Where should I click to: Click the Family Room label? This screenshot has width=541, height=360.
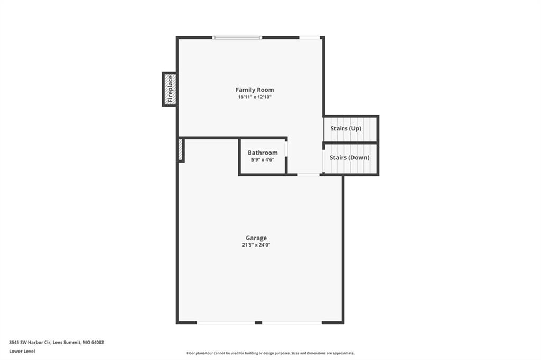pyautogui.click(x=255, y=90)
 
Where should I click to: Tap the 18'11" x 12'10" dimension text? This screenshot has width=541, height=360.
pyautogui.click(x=255, y=97)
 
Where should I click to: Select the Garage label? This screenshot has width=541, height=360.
pyautogui.click(x=256, y=238)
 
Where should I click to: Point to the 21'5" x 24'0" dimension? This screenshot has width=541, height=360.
pyautogui.click(x=256, y=245)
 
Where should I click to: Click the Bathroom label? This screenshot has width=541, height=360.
pyautogui.click(x=263, y=153)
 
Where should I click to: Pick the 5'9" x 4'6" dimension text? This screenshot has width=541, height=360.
pyautogui.click(x=263, y=159)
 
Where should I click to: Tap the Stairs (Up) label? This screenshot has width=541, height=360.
pyautogui.click(x=346, y=128)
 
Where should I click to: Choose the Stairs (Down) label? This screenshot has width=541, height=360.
pyautogui.click(x=350, y=158)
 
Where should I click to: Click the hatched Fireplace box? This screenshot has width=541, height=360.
pyautogui.click(x=170, y=89)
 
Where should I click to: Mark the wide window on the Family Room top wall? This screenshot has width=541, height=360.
pyautogui.click(x=237, y=37)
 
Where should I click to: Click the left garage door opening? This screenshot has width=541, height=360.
pyautogui.click(x=226, y=323)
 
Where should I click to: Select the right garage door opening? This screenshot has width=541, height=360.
pyautogui.click(x=292, y=323)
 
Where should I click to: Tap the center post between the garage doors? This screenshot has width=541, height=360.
pyautogui.click(x=258, y=323)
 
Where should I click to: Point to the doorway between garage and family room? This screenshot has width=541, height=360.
pyautogui.click(x=309, y=175)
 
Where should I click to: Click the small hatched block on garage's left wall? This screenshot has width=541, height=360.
pyautogui.click(x=181, y=150)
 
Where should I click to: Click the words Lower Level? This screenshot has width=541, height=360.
pyautogui.click(x=22, y=352)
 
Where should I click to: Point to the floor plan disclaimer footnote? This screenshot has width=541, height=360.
pyautogui.click(x=270, y=353)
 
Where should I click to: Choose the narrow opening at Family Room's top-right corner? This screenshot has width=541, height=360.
pyautogui.click(x=310, y=37)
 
